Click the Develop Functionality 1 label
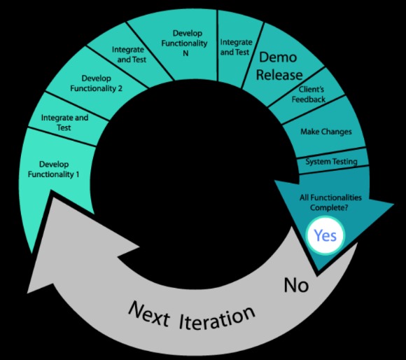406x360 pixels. click(x=54, y=169)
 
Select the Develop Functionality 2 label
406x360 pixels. click(x=96, y=83)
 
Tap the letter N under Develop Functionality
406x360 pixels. click(x=185, y=53)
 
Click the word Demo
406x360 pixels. click(x=278, y=57)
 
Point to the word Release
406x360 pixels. click(x=279, y=74)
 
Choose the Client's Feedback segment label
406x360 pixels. click(x=309, y=95)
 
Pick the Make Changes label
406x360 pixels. click(x=326, y=132)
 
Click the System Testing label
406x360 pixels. click(x=331, y=162)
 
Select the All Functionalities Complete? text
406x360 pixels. click(x=330, y=202)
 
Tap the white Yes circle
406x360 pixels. click(x=325, y=236)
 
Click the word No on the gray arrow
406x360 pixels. click(x=296, y=285)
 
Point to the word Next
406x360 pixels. click(x=149, y=314)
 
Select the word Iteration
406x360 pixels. click(x=217, y=317)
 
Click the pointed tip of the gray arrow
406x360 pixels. click(x=28, y=293)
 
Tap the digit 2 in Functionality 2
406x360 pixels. click(x=120, y=88)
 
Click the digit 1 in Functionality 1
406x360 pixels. click(x=78, y=174)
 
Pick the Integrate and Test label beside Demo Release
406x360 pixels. click(x=236, y=47)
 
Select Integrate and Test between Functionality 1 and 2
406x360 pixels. click(x=64, y=123)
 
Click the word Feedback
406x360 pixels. click(x=309, y=99)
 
